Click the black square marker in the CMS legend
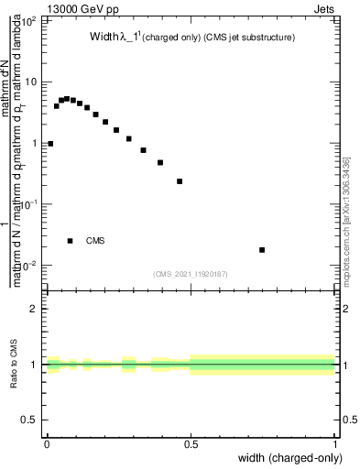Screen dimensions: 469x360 point(71,241)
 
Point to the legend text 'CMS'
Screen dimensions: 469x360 point(95,241)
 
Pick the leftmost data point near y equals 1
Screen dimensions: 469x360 point(50,144)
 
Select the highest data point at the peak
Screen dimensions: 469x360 point(67,98)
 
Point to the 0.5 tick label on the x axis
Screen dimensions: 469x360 point(191,442)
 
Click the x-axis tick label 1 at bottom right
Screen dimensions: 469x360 point(335,442)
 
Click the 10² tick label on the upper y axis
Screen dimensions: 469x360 point(28,20)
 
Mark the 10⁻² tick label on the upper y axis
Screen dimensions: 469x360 point(28,266)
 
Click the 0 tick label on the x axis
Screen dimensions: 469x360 point(47,442)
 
